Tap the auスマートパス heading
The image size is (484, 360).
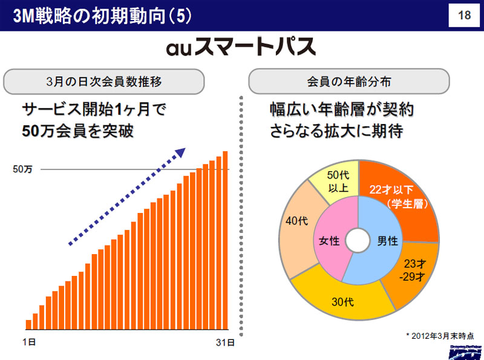241,47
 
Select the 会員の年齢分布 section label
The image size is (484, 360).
348,80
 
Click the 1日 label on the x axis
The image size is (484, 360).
28,342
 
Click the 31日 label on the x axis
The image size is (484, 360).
225,342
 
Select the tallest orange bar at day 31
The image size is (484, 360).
226,242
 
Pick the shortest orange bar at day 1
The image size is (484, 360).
28,326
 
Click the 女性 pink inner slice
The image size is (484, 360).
330,242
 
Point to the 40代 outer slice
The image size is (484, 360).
295,230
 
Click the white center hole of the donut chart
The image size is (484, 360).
358,240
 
